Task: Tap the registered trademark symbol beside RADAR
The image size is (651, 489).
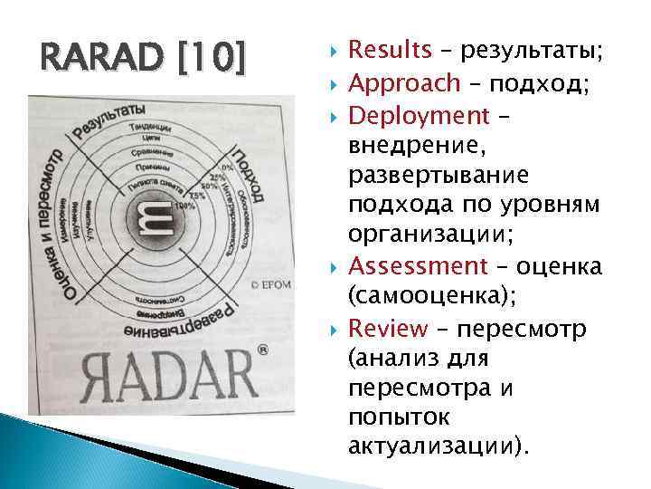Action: tap(262, 349)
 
